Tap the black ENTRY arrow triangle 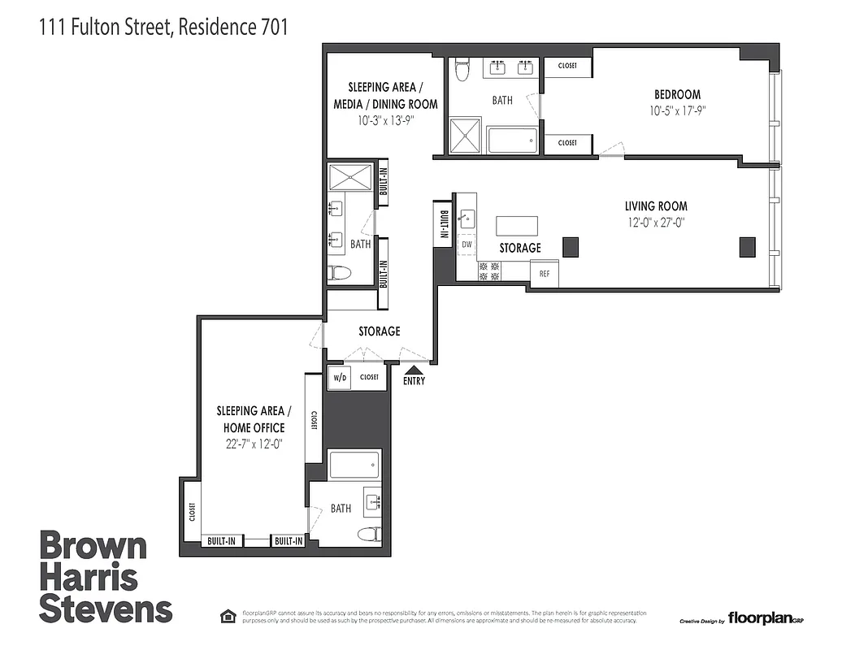point(414,370)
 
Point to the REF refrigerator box point(545,274)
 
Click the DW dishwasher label point(467,244)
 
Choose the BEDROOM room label point(677,94)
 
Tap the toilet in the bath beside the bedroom point(462,71)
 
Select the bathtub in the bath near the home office point(354,466)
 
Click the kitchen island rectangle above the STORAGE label point(517,225)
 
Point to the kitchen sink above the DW point(467,218)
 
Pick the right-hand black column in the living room point(747,246)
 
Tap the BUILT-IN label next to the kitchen point(444,223)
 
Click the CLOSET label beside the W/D point(370,378)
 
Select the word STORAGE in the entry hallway point(380,331)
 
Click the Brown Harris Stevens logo point(106,577)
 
